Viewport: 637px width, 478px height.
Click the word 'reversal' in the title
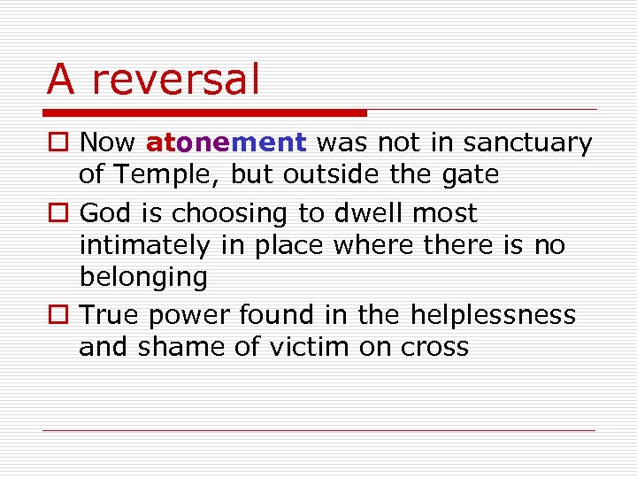[176, 79]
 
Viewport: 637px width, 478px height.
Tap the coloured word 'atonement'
[226, 142]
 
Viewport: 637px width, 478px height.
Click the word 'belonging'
[143, 277]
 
